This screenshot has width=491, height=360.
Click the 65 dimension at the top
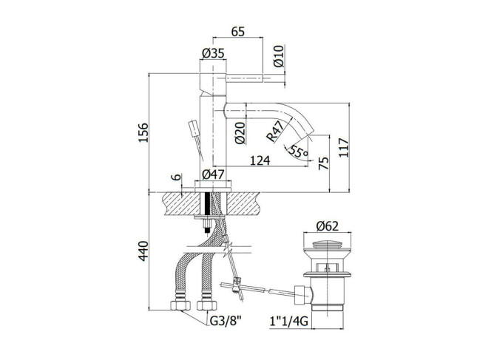(x=237, y=32)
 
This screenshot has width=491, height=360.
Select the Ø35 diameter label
(x=213, y=53)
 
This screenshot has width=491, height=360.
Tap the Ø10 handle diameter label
(x=278, y=56)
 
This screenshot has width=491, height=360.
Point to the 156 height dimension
(x=143, y=132)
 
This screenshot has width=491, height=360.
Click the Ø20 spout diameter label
(x=240, y=133)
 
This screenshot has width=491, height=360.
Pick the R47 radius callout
(x=274, y=131)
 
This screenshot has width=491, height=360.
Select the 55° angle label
(x=298, y=151)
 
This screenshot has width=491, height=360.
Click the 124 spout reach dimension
(x=260, y=160)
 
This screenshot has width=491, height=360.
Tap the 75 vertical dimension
(x=324, y=163)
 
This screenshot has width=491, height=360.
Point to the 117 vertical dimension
(x=344, y=147)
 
